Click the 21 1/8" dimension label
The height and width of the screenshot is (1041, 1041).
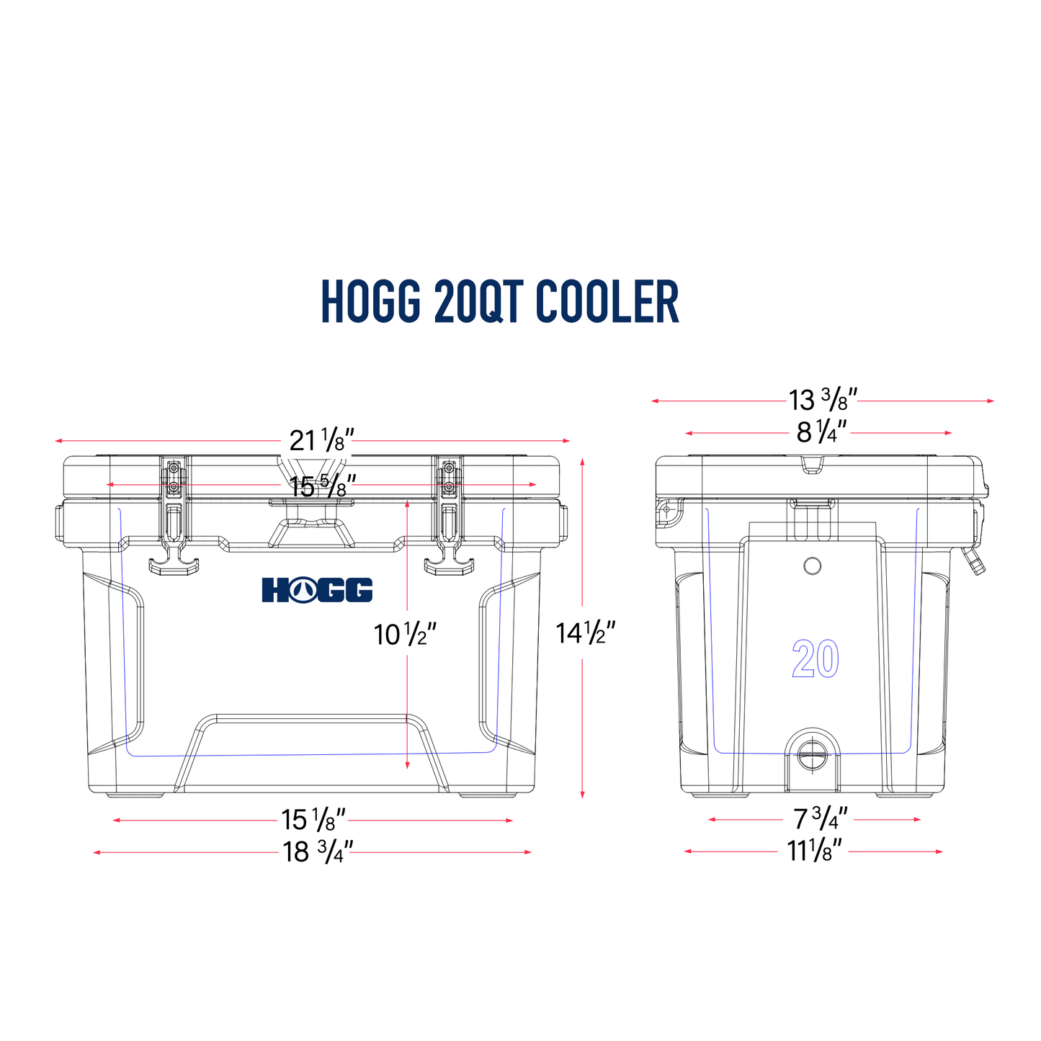pyautogui.click(x=322, y=440)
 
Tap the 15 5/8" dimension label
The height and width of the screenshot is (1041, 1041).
pyautogui.click(x=323, y=487)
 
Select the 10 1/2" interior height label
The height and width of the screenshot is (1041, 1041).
pyautogui.click(x=405, y=635)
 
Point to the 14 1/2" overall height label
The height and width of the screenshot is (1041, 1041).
pyautogui.click(x=585, y=633)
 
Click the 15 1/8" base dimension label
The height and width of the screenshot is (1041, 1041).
pyautogui.click(x=313, y=820)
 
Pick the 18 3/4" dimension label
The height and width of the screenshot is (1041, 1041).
pyautogui.click(x=318, y=852)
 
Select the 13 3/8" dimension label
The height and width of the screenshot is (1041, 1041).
pyautogui.click(x=822, y=400)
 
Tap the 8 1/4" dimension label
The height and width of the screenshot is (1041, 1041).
pyautogui.click(x=821, y=433)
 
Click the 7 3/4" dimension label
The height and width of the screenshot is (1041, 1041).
pyautogui.click(x=820, y=819)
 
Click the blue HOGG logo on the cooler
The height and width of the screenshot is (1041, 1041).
pyautogui.click(x=317, y=589)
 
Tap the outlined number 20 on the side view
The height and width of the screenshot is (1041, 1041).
pyautogui.click(x=816, y=658)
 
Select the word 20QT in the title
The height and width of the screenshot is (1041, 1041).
pyautogui.click(x=478, y=302)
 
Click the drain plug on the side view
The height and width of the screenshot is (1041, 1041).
pyautogui.click(x=812, y=757)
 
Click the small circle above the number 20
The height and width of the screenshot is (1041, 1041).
pyautogui.click(x=812, y=566)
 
